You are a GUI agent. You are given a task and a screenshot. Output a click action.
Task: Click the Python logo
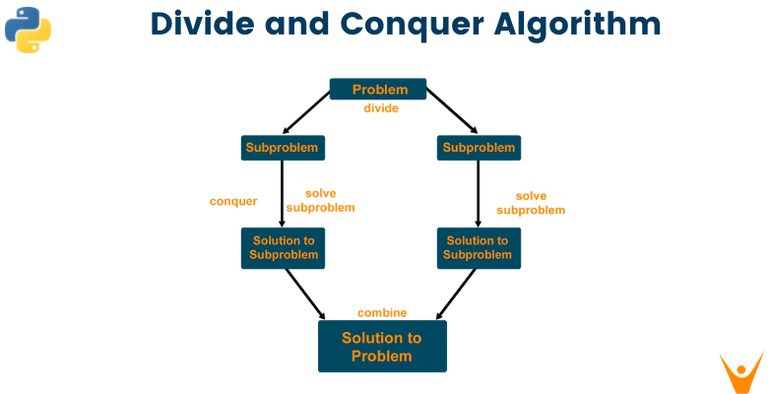(28, 31)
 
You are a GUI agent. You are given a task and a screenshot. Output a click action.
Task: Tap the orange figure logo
(741, 370)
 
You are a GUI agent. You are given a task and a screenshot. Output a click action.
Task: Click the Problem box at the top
(378, 90)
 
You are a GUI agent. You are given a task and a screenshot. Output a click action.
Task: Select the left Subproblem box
(283, 149)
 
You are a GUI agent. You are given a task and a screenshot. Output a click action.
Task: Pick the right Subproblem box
(478, 149)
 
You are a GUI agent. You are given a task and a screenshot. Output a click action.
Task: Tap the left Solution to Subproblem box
(283, 247)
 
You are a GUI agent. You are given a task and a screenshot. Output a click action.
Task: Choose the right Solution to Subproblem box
(478, 247)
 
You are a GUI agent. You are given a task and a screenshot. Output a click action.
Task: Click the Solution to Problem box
(382, 346)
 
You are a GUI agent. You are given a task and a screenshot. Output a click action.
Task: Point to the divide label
(380, 108)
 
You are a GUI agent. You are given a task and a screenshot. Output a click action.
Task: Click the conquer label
(233, 201)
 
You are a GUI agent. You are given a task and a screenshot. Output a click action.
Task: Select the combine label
(382, 313)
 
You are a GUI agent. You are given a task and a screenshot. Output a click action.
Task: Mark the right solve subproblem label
(531, 203)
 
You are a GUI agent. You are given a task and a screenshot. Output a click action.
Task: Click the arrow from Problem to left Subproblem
(306, 113)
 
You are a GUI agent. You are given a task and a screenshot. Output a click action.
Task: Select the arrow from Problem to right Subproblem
(451, 113)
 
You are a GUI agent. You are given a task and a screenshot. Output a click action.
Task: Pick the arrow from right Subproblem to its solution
(478, 194)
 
